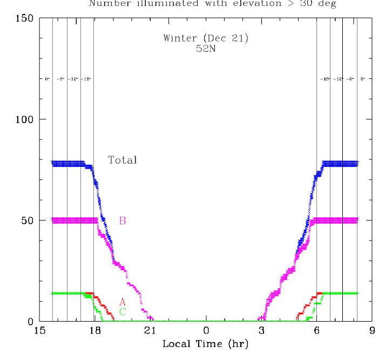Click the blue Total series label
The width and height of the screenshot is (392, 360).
point(123,160)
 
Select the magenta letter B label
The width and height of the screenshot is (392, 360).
point(123,221)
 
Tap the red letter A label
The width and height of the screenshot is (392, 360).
point(123,302)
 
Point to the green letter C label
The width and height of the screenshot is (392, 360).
point(123,312)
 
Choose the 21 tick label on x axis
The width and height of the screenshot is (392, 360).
point(151,331)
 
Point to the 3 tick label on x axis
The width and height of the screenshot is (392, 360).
point(261,331)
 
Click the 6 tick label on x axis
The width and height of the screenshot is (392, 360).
point(317,331)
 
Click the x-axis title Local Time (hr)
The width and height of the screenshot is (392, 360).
point(205,344)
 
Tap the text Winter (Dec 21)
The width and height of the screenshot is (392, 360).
point(206,38)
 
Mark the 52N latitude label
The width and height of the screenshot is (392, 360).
point(206,48)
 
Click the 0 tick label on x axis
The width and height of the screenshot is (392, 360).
point(206,331)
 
